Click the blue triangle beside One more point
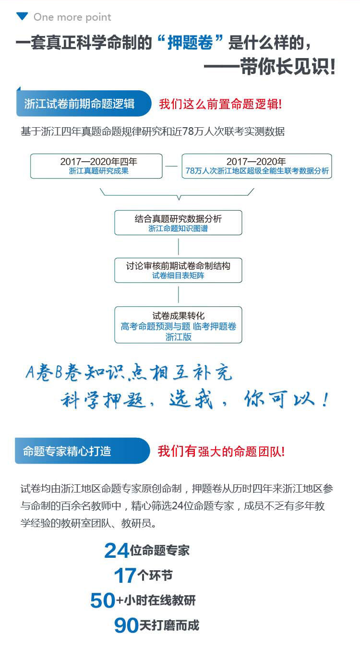[22, 17]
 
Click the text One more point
[72, 17]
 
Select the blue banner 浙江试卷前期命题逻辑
[82, 104]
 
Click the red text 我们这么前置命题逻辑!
[220, 104]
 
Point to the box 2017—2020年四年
[96, 166]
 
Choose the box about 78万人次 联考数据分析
[256, 166]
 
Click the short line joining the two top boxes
[172, 166]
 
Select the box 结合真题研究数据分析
[178, 222]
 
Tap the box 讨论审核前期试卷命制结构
[178, 270]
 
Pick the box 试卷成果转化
[178, 324]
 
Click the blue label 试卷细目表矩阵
[178, 276]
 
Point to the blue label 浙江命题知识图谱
[178, 228]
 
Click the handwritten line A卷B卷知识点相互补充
[129, 373]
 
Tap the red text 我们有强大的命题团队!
[221, 451]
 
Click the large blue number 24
[117, 551]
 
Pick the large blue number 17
[125, 576]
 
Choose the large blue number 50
[103, 601]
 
